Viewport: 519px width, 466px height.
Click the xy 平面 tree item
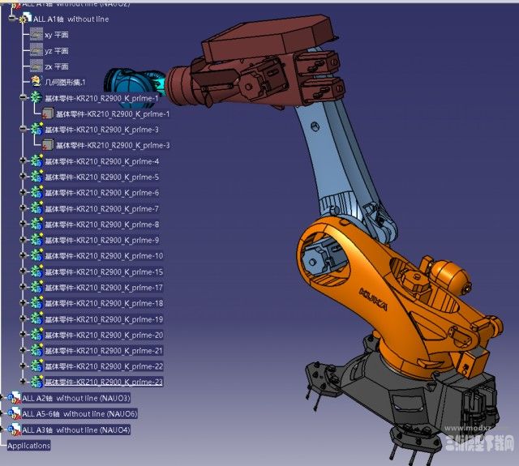[x=57, y=35]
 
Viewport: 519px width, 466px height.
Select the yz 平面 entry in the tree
[x=57, y=50]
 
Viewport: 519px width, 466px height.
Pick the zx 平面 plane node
[x=57, y=66]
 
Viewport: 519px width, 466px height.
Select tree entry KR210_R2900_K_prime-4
[x=101, y=161]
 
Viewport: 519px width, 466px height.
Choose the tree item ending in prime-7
[x=101, y=209]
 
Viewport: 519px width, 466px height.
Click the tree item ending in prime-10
[x=103, y=256]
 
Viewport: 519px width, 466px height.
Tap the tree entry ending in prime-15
[x=103, y=271]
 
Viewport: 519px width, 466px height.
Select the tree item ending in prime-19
[x=103, y=319]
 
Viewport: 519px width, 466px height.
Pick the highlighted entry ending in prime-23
[x=103, y=382]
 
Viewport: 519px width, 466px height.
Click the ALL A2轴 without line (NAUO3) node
[x=75, y=398]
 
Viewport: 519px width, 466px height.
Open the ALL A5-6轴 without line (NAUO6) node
[x=79, y=414]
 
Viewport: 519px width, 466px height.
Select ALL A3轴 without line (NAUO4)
[x=75, y=430]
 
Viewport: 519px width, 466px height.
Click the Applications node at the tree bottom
[x=28, y=446]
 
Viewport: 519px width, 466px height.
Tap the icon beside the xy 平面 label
[x=36, y=35]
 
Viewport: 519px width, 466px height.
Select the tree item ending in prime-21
[x=103, y=351]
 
